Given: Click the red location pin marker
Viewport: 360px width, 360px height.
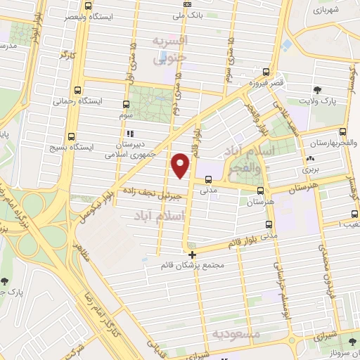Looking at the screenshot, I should pos(181,165).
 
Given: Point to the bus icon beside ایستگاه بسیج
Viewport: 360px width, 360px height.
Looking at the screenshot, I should pos(70,137).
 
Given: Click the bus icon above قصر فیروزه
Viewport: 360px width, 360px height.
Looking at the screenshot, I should pos(266,72).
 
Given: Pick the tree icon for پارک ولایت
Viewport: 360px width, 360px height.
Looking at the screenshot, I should pos(319,89).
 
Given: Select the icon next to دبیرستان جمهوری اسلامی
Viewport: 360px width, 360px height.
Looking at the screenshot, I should pos(128,133).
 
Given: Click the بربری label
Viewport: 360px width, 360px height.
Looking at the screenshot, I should pos(311,169).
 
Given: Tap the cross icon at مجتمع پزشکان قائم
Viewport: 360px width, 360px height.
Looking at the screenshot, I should pos(191,254).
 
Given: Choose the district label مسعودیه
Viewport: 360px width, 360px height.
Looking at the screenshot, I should pos(238,331).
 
